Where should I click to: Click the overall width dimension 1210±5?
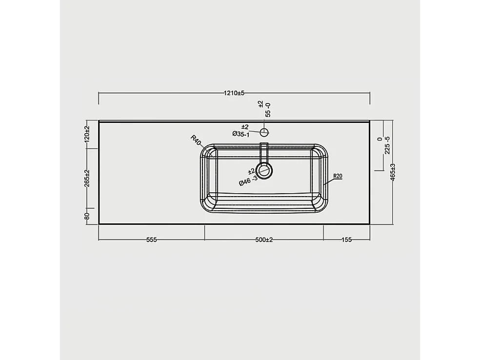(x=235, y=93)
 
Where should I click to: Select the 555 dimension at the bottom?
(x=151, y=240)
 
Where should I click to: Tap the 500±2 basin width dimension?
(x=264, y=240)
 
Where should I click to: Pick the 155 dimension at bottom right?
(x=347, y=240)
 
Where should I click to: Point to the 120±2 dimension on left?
(x=87, y=133)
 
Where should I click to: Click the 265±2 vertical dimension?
(x=87, y=178)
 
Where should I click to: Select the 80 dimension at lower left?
(x=87, y=216)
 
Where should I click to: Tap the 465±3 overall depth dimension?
(x=393, y=172)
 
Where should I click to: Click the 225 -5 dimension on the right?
(x=387, y=145)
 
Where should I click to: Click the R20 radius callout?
(x=338, y=176)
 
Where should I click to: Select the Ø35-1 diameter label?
(x=241, y=134)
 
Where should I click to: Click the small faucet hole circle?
(x=264, y=132)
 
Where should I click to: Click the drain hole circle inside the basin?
(x=264, y=170)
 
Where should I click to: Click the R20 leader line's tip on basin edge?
(x=324, y=184)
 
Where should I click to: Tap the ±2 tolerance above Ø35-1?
(x=245, y=126)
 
